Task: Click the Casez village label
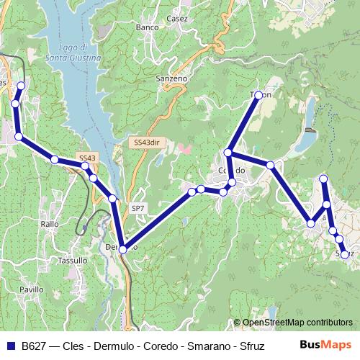(176, 19)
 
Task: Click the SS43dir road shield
(145, 143)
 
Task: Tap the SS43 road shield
(87, 158)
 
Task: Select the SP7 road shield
(138, 208)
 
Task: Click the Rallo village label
(50, 224)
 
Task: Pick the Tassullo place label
(72, 260)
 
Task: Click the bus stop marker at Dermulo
(122, 249)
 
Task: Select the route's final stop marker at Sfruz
(344, 254)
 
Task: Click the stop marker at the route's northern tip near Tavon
(258, 94)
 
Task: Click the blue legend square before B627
(10, 346)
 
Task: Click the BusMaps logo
(326, 345)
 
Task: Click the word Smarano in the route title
(208, 346)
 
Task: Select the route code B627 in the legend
(35, 346)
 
